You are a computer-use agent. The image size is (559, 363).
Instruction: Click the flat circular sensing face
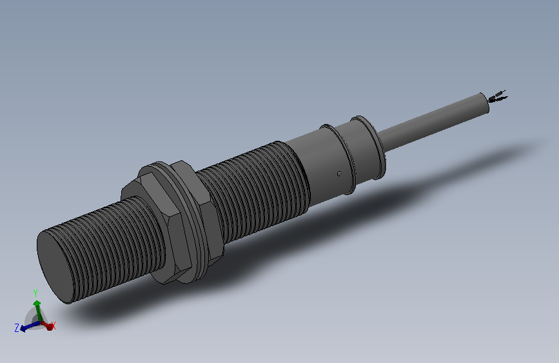[x=55, y=266]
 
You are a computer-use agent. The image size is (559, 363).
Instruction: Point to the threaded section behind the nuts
[x=253, y=191]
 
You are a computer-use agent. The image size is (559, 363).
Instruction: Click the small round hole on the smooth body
[x=339, y=174]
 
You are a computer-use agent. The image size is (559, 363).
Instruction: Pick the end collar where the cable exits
[x=369, y=147]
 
